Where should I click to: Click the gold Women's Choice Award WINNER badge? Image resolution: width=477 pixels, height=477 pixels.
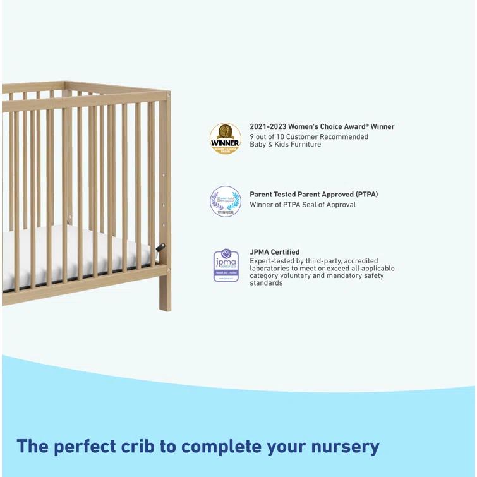coord(225,138)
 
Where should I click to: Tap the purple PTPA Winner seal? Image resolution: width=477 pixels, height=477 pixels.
coord(225,202)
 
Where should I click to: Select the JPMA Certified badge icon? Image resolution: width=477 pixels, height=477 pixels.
coord(226,265)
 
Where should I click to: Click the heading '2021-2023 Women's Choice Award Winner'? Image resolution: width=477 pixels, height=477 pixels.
coord(322,126)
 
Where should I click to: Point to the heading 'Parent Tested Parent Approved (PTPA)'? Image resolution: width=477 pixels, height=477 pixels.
coord(313,195)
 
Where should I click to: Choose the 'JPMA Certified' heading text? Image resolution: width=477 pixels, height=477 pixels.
coord(274,252)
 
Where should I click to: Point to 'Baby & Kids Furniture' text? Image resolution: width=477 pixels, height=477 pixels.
coord(285,145)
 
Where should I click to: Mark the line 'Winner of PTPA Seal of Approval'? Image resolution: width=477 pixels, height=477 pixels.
coord(302,205)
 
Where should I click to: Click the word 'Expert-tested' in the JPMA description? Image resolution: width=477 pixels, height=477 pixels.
coord(270,260)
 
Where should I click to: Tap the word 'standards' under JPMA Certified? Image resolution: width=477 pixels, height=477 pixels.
coord(266,283)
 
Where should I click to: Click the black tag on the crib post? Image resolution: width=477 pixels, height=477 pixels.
coord(160,247)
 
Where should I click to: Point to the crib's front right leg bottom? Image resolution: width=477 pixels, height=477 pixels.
coord(165,305)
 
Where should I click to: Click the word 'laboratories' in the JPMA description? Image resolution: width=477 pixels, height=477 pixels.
coord(270,268)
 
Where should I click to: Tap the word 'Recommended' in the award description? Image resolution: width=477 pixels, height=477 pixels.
coord(344,136)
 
